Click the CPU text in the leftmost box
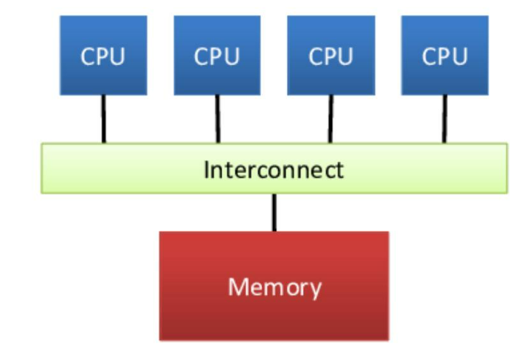[102, 57]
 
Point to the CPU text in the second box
[216, 57]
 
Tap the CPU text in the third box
[330, 57]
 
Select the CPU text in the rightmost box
[444, 57]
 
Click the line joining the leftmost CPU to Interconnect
[104, 119]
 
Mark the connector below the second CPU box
[218, 119]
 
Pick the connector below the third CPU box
[330, 119]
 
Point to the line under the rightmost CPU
[444, 119]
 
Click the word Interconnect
[274, 170]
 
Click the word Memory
[275, 288]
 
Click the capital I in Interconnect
[207, 170]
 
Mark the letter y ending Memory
[315, 290]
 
